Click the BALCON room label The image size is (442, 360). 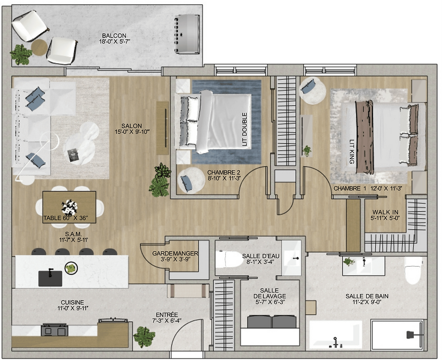(114, 36)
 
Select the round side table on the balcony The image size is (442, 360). (39, 47)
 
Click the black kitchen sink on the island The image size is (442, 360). (50, 278)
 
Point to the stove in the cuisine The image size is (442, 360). (55, 329)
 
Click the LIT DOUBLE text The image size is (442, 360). (244, 129)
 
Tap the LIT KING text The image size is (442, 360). (352, 151)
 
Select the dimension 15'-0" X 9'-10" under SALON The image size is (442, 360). (132, 132)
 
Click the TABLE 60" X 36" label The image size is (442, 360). (66, 218)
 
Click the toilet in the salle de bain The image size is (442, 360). (413, 270)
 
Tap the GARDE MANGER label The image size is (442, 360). (175, 254)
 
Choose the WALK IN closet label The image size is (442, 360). (385, 212)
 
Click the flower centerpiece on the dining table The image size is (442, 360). (69, 207)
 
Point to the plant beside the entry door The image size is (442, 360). (144, 337)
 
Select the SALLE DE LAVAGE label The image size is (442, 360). (270, 293)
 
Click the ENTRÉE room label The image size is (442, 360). (166, 314)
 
